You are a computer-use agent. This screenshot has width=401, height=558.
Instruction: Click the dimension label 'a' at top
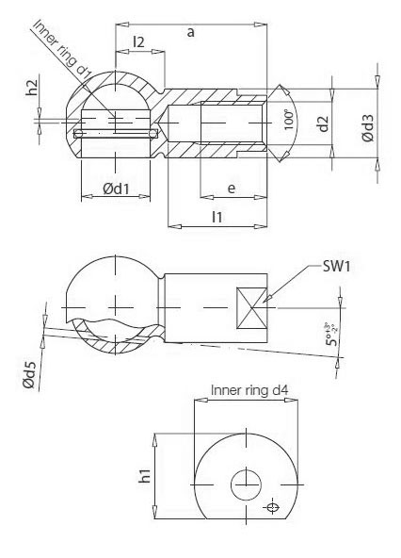(191, 32)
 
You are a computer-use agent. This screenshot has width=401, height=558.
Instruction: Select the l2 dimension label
(138, 41)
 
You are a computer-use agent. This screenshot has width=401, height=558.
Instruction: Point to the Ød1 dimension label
(116, 189)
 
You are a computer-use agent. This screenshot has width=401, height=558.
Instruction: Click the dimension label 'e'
(232, 189)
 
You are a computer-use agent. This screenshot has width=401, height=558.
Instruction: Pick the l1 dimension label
(217, 217)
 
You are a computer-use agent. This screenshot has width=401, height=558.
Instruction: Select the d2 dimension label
(323, 123)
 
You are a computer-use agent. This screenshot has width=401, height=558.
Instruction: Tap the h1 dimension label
(146, 477)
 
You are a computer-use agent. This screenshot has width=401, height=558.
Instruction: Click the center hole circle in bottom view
(247, 485)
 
